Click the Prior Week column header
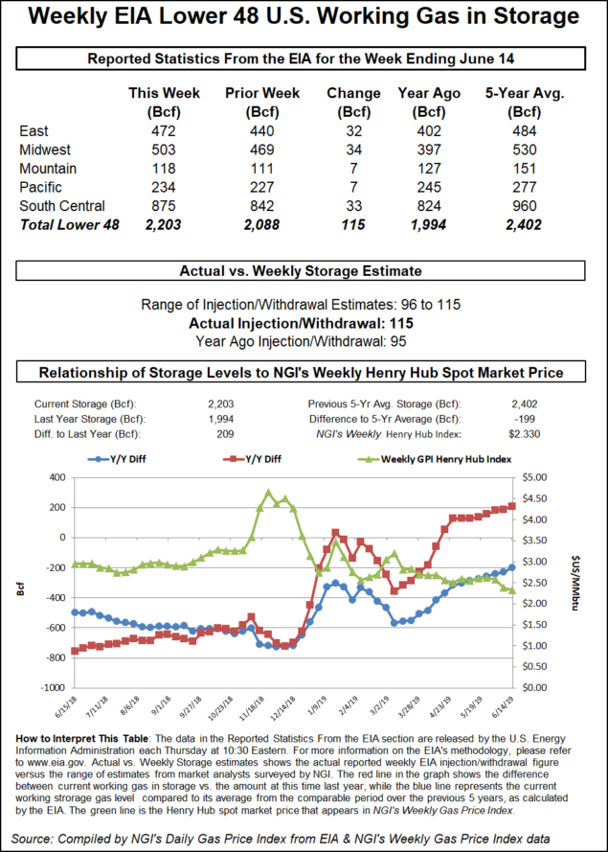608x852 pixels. tap(261, 93)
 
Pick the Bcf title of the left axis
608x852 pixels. tap(21, 583)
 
